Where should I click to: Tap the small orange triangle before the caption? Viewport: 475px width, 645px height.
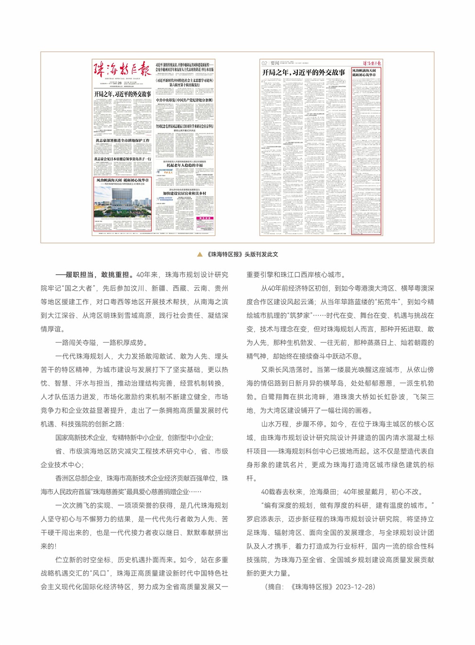click(200, 254)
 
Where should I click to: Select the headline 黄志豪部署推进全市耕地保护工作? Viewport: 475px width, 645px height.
click(122, 140)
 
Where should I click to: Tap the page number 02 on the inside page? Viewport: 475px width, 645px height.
click(264, 63)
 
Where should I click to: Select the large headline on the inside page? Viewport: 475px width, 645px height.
click(304, 72)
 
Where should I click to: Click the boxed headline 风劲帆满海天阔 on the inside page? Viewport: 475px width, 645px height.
click(364, 72)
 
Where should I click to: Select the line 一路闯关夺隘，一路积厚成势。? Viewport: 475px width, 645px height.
click(102, 343)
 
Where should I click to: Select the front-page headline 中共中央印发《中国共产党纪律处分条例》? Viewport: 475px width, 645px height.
click(184, 100)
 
